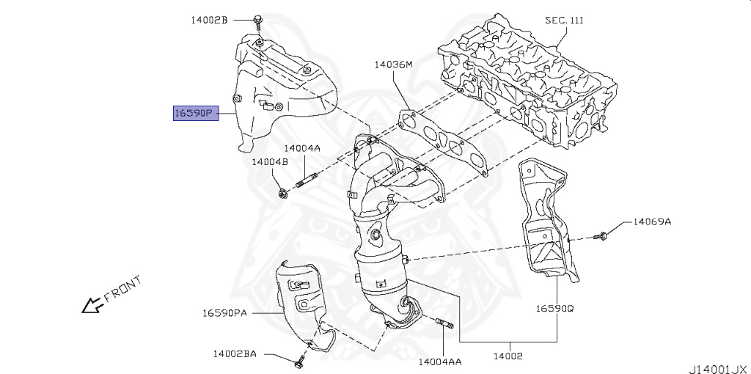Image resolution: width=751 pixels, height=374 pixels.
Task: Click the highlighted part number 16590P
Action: click(194, 113)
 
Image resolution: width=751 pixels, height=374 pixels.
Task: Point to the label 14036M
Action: click(393, 65)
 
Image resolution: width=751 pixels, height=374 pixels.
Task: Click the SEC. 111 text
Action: click(564, 20)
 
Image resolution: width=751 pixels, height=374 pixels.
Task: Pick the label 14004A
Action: click(302, 148)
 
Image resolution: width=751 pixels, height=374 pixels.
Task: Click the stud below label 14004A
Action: click(306, 180)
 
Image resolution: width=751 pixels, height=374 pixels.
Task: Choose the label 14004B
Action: click(270, 161)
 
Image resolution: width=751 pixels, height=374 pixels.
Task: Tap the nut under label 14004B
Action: click(283, 193)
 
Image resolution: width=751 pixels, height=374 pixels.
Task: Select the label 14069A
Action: click(652, 220)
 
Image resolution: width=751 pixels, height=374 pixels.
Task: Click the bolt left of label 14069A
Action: click(602, 235)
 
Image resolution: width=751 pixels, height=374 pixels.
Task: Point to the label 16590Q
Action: click(554, 309)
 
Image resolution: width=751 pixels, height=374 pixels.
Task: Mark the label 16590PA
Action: click(224, 313)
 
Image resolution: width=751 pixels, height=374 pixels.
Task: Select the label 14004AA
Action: click(440, 362)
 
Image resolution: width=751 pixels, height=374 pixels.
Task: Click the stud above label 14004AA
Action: click(444, 324)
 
